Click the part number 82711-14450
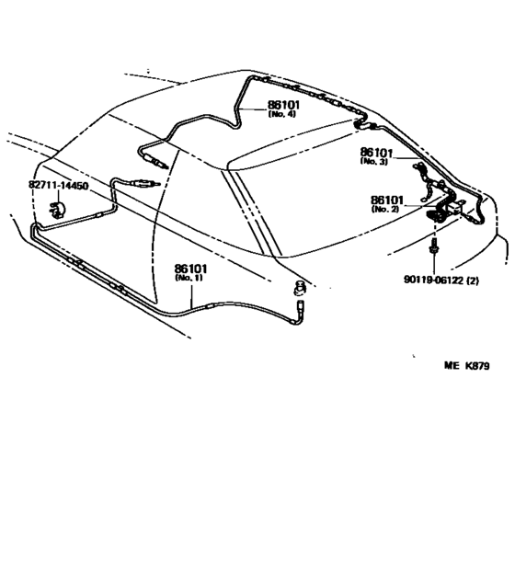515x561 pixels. pyautogui.click(x=58, y=186)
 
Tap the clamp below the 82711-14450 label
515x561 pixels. pyautogui.click(x=56, y=210)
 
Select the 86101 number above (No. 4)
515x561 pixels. pyautogui.click(x=283, y=105)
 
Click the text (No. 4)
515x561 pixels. pyautogui.click(x=282, y=114)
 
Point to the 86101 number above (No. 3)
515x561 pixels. pyautogui.click(x=376, y=153)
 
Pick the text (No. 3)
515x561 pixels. pyautogui.click(x=374, y=161)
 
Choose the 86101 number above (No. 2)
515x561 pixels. pyautogui.click(x=387, y=200)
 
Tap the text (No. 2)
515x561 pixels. pyautogui.click(x=385, y=209)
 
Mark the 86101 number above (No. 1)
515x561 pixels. pyautogui.click(x=190, y=269)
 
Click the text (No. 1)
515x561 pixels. pyautogui.click(x=189, y=278)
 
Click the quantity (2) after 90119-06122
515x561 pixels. pyautogui.click(x=473, y=280)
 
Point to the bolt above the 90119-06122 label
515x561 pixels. pyautogui.click(x=434, y=246)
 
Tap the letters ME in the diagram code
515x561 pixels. pyautogui.click(x=452, y=366)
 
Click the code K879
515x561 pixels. pyautogui.click(x=477, y=366)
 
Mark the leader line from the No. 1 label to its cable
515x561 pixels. pyautogui.click(x=191, y=295)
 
